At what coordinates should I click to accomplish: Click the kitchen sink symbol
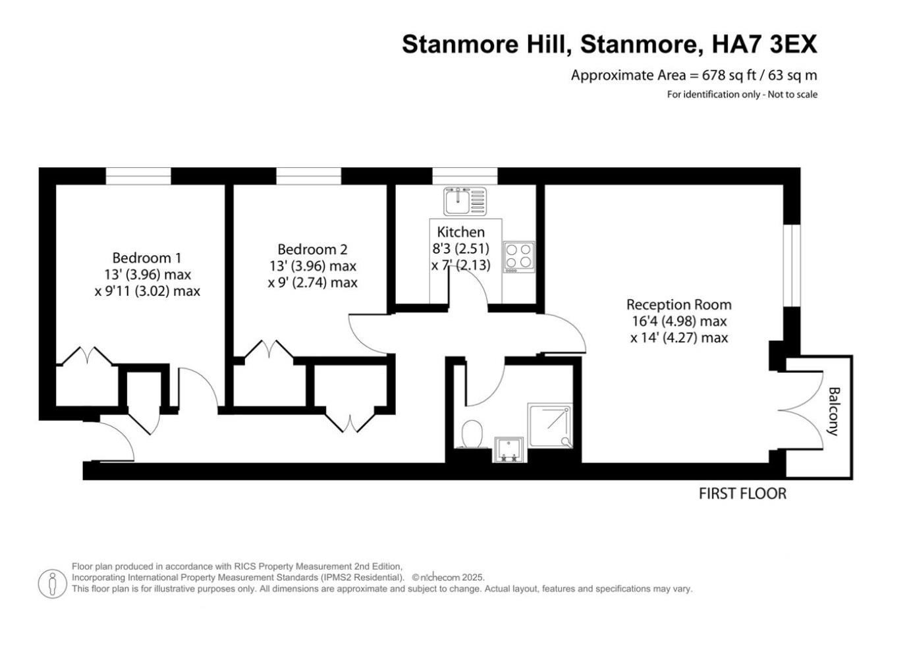tap(464, 201)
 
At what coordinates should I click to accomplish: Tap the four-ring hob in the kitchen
tap(518, 256)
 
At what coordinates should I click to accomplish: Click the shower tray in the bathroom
tap(550, 425)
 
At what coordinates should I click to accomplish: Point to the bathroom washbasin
tap(508, 449)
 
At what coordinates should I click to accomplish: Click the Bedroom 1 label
tap(146, 258)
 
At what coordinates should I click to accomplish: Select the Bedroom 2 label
tap(312, 249)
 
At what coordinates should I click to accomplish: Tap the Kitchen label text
tap(460, 232)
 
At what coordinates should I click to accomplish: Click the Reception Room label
tap(678, 304)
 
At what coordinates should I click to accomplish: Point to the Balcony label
tap(833, 412)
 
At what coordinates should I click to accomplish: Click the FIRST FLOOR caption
tap(742, 493)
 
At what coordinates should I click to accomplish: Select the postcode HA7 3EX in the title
tap(765, 44)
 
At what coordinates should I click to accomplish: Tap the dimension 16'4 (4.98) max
tap(678, 321)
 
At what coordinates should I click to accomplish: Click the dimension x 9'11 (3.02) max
tap(147, 290)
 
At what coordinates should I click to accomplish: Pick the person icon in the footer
tap(52, 584)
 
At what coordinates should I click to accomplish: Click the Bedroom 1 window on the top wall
tap(138, 176)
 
